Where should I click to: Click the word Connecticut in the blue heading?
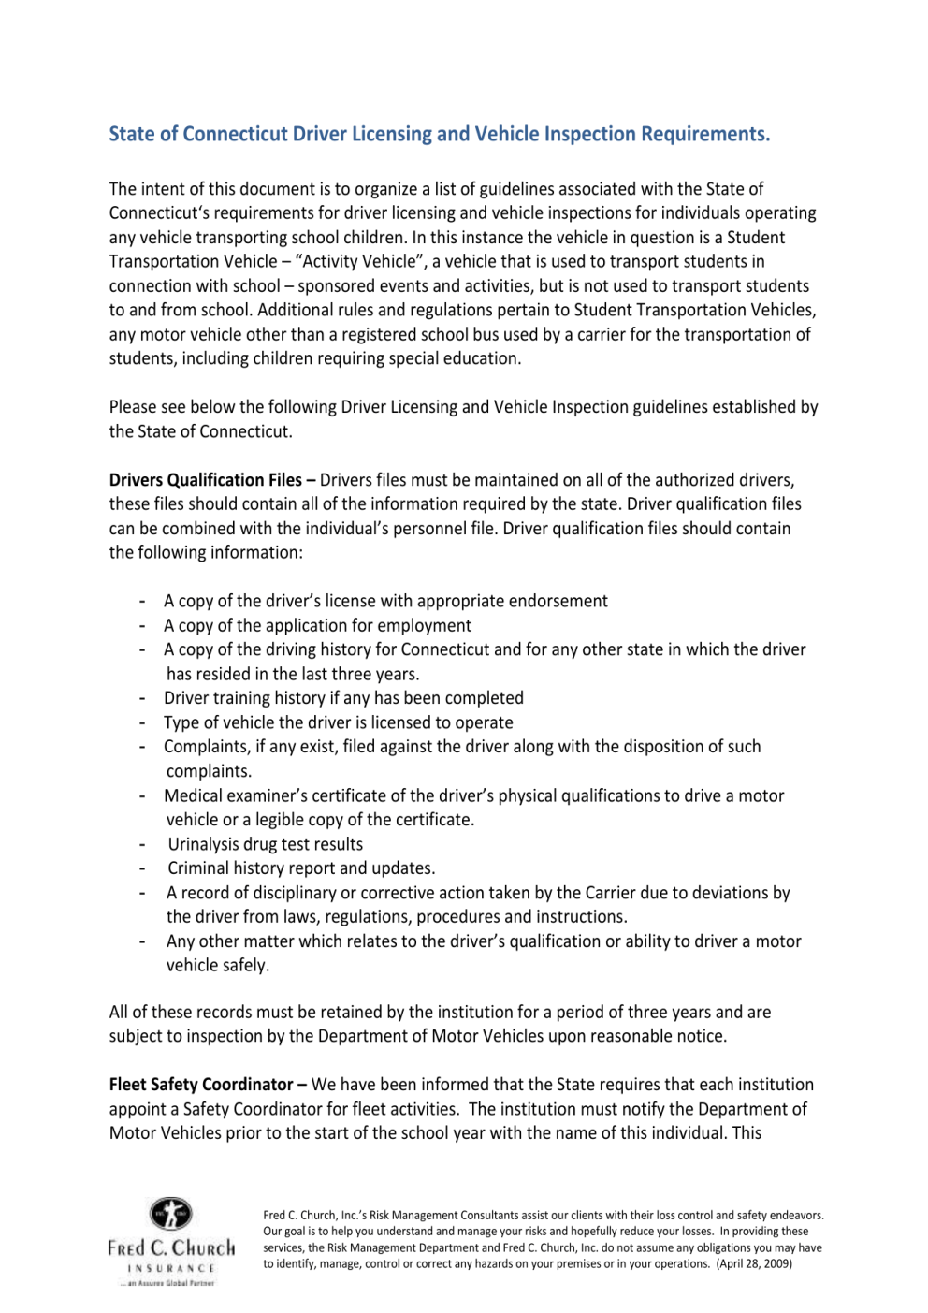pos(235,135)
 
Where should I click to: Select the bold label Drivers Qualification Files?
pos(206,480)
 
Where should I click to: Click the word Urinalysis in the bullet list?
pos(209,844)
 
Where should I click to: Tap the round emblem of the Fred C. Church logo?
pos(171,1215)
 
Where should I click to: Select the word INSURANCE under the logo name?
pos(171,1268)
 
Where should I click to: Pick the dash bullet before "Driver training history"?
pos(142,698)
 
